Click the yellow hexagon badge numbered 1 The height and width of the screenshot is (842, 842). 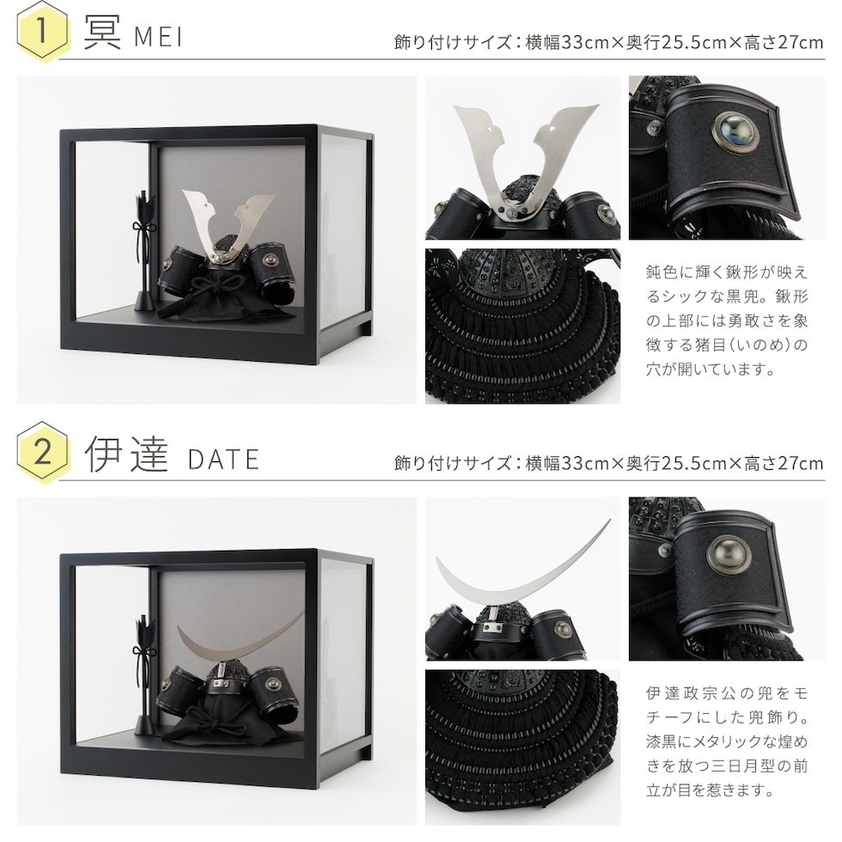coord(43,31)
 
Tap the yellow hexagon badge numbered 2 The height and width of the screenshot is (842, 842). coord(43,452)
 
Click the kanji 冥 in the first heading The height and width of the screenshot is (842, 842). coord(102,33)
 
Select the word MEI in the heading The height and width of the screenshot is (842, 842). coord(158,37)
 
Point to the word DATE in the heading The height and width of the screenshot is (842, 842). coord(223,460)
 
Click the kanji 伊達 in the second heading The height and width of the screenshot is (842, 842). coord(127,455)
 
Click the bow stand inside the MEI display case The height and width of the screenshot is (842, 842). coord(144,250)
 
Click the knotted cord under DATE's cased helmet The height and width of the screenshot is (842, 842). coord(215,720)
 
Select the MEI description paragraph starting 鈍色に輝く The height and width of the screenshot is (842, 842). coord(727,320)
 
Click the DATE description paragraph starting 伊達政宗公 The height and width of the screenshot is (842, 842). coord(727,741)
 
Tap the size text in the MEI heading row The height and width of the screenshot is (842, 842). coord(608,42)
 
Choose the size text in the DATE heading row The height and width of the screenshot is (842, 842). coord(608,463)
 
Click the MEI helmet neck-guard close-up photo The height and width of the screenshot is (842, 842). coord(522,326)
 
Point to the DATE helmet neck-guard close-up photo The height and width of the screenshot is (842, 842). coord(522,747)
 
